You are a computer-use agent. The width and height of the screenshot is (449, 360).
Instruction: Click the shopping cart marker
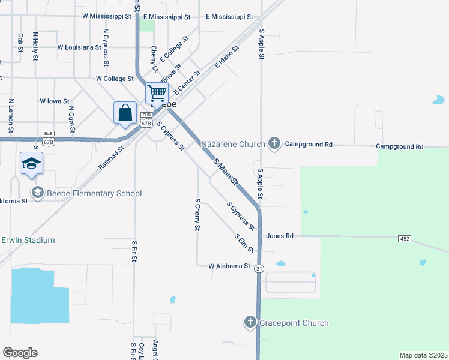click(x=157, y=94)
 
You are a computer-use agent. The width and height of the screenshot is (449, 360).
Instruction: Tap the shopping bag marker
click(x=125, y=113)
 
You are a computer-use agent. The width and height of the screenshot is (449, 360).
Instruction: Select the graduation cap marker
click(x=32, y=163)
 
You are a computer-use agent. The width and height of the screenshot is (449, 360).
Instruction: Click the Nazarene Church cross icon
click(x=274, y=143)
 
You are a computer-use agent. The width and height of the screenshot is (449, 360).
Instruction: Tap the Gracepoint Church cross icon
click(x=250, y=323)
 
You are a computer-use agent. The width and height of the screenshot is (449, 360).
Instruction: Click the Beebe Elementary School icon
click(x=38, y=193)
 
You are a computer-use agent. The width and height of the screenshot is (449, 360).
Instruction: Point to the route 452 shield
click(x=404, y=239)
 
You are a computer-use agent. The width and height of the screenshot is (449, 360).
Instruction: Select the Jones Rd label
click(x=280, y=236)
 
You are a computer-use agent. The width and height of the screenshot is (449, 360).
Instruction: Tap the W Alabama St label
click(x=229, y=266)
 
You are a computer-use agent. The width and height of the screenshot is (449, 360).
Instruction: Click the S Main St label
click(x=226, y=170)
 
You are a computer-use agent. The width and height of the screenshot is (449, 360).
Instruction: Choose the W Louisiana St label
click(x=79, y=47)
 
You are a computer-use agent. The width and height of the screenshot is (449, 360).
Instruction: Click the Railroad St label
click(x=112, y=157)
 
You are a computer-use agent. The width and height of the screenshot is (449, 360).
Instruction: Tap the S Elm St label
click(x=245, y=242)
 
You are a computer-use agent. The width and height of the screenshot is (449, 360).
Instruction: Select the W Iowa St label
click(x=55, y=101)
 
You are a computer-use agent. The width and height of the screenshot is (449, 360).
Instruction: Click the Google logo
click(x=20, y=353)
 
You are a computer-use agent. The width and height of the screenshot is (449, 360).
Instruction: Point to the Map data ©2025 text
click(x=423, y=355)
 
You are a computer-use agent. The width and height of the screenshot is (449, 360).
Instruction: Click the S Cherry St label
click(x=197, y=214)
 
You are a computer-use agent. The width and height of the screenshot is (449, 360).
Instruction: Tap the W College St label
click(x=115, y=79)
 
